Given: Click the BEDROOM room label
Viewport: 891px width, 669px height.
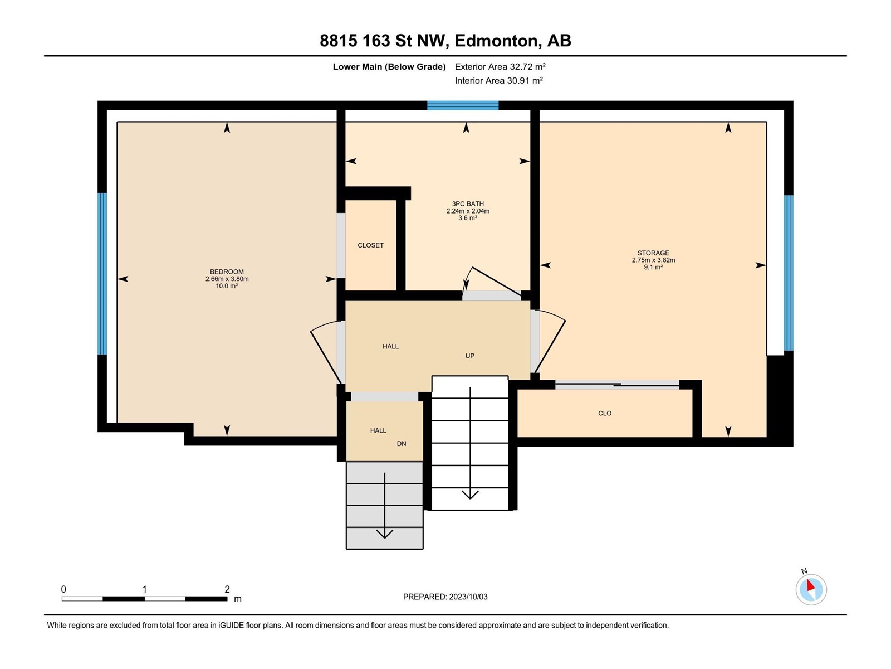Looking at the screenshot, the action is [x=227, y=272].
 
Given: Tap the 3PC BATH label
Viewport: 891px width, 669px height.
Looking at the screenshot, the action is [x=468, y=204].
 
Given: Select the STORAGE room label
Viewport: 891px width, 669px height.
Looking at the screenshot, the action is [x=653, y=253].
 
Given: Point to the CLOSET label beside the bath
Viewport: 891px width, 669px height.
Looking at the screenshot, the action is [x=370, y=245].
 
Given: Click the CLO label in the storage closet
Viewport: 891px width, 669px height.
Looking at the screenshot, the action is [x=604, y=414].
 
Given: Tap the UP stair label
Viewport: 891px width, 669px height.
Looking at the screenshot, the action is [x=469, y=356].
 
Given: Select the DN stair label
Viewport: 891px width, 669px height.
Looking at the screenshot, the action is [x=401, y=444].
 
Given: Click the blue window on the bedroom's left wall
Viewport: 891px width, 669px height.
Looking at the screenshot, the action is [x=102, y=274].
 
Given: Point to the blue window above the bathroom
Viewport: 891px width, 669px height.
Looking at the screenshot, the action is [x=463, y=105].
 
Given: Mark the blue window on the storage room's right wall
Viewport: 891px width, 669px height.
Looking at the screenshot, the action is [x=789, y=273].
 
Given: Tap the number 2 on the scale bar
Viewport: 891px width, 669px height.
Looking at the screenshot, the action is [x=227, y=589].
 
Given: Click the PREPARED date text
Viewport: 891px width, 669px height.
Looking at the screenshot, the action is [x=445, y=597].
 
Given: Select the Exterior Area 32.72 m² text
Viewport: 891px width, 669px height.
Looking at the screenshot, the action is [x=500, y=66].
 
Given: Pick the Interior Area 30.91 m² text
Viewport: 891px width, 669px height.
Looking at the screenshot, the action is [x=499, y=80].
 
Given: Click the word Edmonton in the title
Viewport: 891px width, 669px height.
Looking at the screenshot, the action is [x=498, y=41].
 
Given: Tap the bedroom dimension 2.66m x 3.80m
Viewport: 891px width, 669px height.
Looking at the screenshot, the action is [x=227, y=279].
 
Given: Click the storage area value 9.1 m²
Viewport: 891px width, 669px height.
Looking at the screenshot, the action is [x=653, y=267].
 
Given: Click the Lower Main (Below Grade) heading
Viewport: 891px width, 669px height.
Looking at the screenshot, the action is [x=389, y=66].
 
